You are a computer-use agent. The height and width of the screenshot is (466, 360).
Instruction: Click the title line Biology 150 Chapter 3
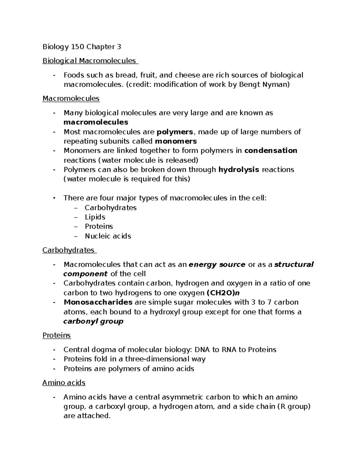(x=82, y=47)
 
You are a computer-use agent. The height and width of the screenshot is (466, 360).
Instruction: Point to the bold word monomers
(x=176, y=141)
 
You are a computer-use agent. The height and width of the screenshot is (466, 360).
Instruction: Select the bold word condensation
(x=271, y=151)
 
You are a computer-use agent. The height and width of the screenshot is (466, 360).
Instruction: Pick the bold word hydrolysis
(x=239, y=170)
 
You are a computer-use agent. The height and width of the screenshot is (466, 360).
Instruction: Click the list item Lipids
(x=95, y=217)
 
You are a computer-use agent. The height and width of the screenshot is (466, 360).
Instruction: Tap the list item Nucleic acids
(x=108, y=236)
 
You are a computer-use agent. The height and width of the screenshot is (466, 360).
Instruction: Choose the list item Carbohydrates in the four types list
(x=110, y=208)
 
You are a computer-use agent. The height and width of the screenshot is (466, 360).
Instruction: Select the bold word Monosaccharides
(x=98, y=302)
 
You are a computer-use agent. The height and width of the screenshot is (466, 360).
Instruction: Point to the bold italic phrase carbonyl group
(x=93, y=321)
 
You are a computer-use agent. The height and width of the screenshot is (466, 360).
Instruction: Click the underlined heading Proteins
(x=56, y=335)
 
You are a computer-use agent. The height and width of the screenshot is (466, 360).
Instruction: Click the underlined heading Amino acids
(x=64, y=383)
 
